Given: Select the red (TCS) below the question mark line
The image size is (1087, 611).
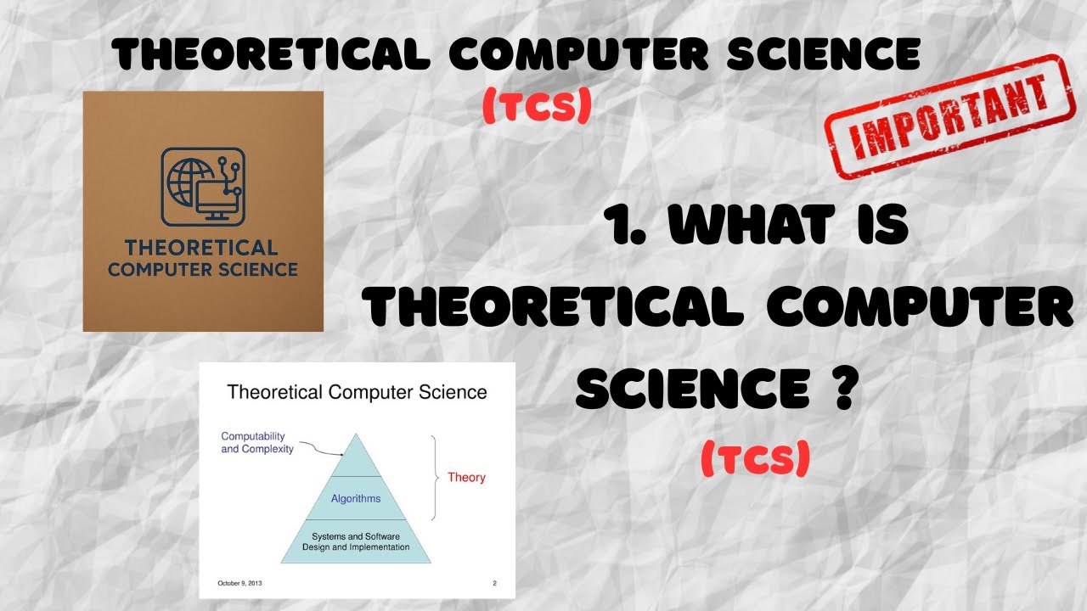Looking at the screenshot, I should click(755, 461).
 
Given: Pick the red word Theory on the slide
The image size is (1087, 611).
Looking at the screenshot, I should click(466, 478).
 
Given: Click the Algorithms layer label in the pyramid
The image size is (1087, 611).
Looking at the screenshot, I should click(356, 498).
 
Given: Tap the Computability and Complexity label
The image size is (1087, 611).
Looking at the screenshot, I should click(257, 442).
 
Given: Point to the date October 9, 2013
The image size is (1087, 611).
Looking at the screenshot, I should click(241, 584).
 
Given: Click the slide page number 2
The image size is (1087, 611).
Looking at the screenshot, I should click(494, 584).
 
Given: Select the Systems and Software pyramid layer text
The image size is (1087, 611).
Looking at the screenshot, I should click(356, 541).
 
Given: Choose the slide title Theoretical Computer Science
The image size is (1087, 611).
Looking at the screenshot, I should click(357, 392).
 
